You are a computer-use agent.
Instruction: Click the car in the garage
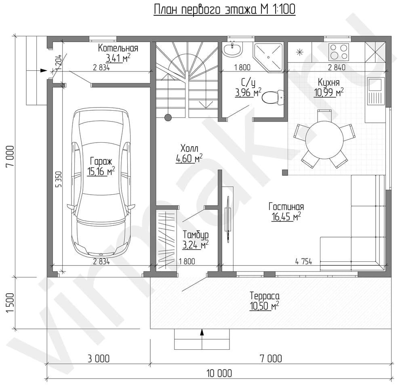pos(101,183)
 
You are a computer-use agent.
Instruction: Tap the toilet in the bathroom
pos(272,98)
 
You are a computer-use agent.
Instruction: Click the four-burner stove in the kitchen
pos(339,52)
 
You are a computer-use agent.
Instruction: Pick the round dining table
pos(324,140)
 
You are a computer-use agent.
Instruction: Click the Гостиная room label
pos(286,207)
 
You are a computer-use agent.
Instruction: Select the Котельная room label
pos(118,48)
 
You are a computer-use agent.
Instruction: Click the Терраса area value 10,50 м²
pos(264,306)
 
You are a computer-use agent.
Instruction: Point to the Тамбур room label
pos(196,235)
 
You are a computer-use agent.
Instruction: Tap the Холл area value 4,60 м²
pos(189,158)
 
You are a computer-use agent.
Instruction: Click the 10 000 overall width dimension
pos(219,373)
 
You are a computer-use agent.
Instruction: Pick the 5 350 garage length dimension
pos(59,179)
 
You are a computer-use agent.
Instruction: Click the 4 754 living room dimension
pos(303,262)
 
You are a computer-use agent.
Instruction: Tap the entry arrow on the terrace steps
pos(202,334)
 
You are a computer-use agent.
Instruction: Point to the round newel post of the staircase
pos(168,118)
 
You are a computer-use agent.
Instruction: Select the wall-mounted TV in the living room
pos(228,219)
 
